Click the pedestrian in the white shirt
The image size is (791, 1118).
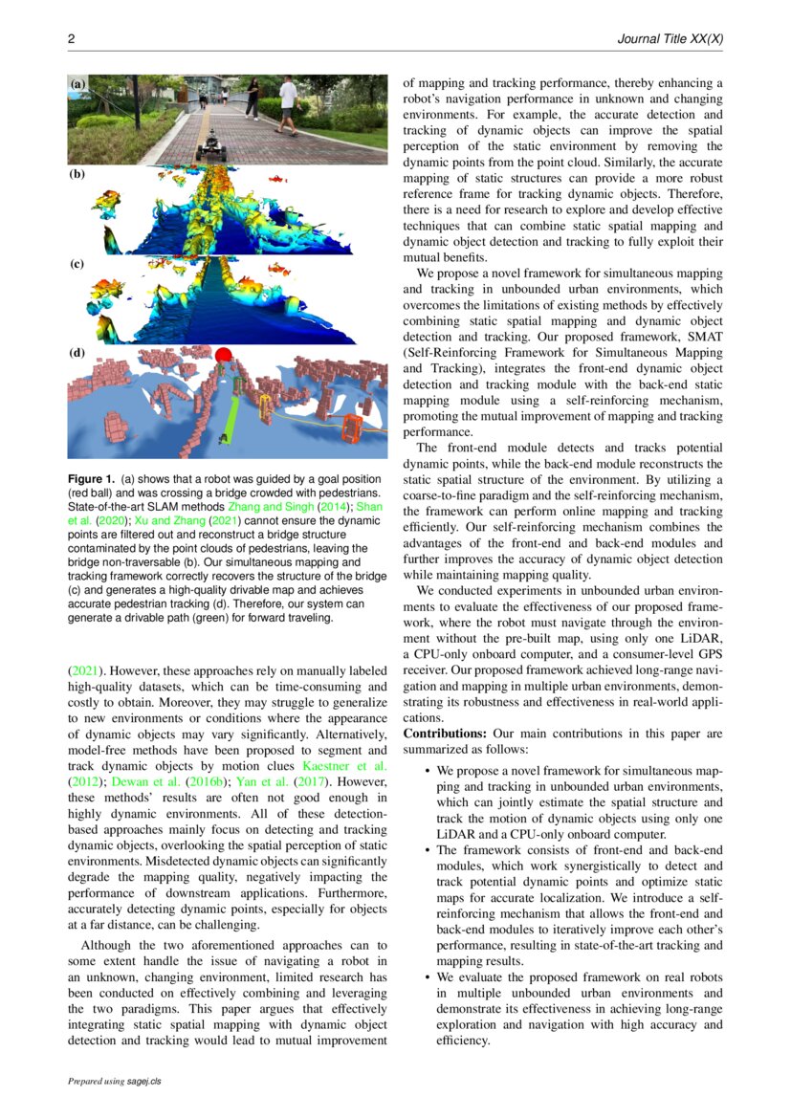(286, 103)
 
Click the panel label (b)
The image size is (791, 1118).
(77, 174)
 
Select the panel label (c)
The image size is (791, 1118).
(77, 263)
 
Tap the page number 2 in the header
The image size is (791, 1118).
(71, 38)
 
